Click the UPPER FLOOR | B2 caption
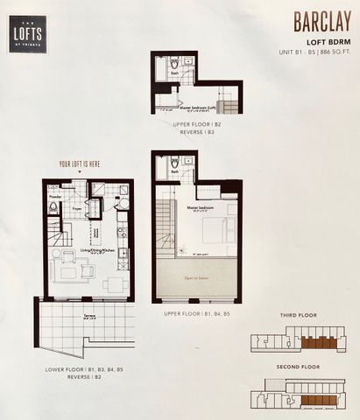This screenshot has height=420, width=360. (x=194, y=124)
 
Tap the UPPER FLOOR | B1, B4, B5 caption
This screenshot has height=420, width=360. (x=197, y=311)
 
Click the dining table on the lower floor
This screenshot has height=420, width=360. (x=114, y=285)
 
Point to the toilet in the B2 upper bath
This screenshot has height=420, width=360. (x=173, y=64)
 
